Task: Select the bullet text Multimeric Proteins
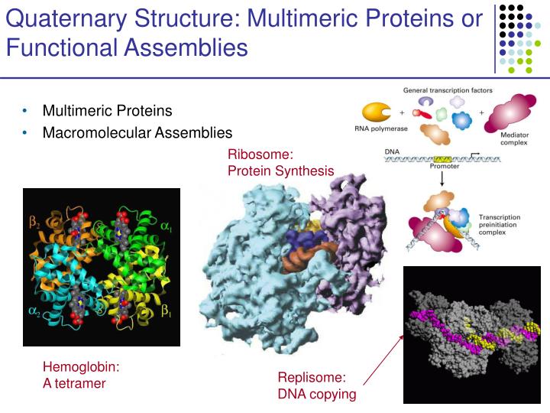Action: pos(107,112)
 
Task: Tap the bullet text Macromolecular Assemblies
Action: pos(137,133)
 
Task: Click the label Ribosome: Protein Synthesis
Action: pos(280,162)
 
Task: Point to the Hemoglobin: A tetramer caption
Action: pos(80,375)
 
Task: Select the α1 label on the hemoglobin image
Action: pos(167,226)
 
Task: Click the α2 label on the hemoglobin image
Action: pos(34,311)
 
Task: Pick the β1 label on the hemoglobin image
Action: pos(166,311)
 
